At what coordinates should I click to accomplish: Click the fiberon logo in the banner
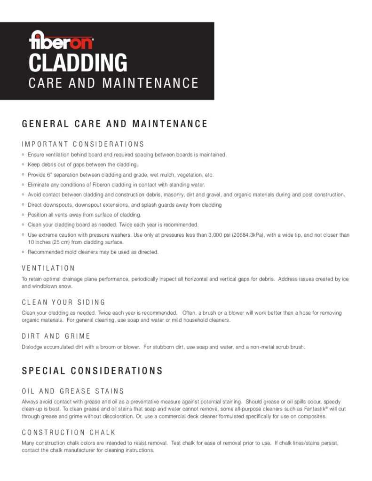pyautogui.click(x=61, y=40)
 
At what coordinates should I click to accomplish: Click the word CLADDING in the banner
pyautogui.click(x=78, y=62)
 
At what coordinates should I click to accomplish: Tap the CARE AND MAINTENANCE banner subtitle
pyautogui.click(x=113, y=84)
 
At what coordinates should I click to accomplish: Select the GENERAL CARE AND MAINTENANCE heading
pyautogui.click(x=115, y=124)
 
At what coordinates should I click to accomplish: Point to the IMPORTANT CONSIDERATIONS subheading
pyautogui.click(x=83, y=144)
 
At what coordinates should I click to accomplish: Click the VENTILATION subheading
pyautogui.click(x=48, y=268)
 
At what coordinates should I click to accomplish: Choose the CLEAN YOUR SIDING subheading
pyautogui.click(x=63, y=302)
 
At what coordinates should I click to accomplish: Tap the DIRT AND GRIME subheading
pyautogui.click(x=56, y=336)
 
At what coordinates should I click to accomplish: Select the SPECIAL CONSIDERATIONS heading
pyautogui.click(x=92, y=371)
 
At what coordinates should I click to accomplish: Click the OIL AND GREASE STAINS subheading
pyautogui.click(x=73, y=391)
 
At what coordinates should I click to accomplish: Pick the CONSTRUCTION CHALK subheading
pyautogui.click(x=69, y=432)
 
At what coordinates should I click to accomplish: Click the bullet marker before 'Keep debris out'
pyautogui.click(x=24, y=165)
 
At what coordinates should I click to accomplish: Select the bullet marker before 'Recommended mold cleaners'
pyautogui.click(x=24, y=252)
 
